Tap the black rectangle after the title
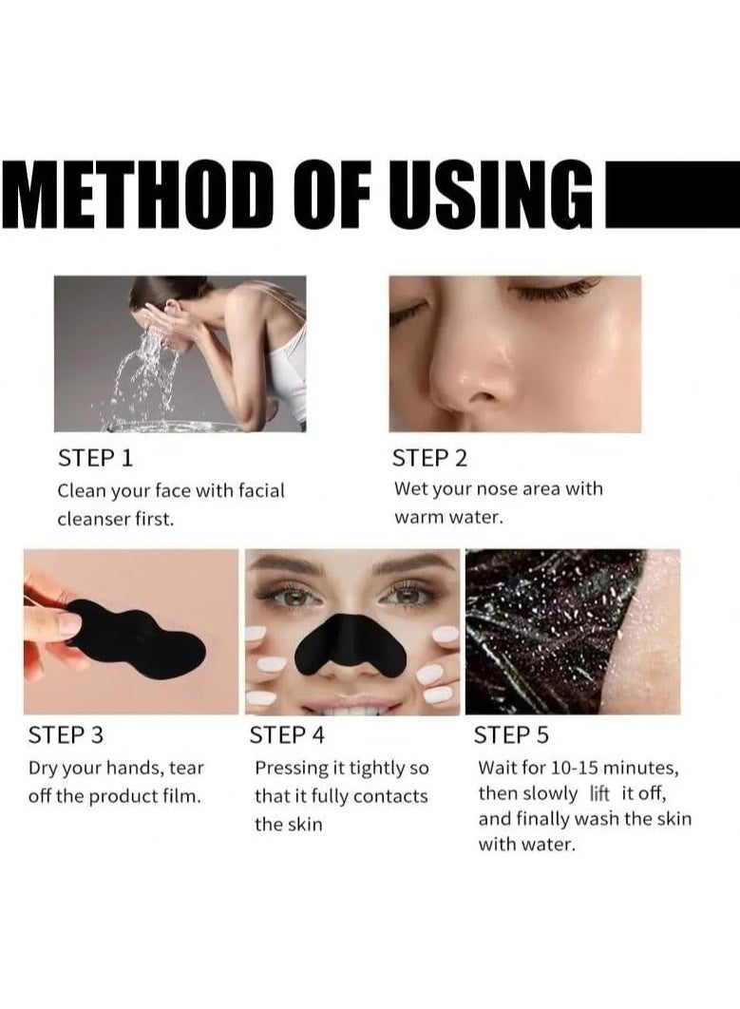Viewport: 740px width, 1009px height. click(671, 193)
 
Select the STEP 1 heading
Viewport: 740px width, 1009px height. click(96, 458)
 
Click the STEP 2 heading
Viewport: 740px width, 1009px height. click(430, 458)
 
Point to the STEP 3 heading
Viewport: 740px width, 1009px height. click(67, 734)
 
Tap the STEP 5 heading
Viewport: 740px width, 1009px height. click(511, 734)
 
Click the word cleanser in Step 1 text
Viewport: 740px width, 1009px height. click(93, 520)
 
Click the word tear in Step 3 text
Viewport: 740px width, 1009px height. click(186, 767)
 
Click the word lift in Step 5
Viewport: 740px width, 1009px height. click(599, 793)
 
